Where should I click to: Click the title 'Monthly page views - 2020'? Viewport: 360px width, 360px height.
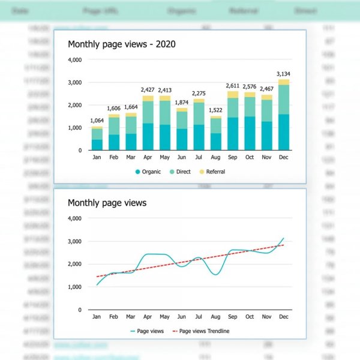(121, 44)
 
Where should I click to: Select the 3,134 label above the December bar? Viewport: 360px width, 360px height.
(283, 74)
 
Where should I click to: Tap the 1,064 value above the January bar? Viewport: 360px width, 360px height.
(97, 121)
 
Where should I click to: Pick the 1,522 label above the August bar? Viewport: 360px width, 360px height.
(215, 110)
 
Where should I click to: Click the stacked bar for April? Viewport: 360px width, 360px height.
(148, 123)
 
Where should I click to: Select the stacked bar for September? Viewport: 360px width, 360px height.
(232, 121)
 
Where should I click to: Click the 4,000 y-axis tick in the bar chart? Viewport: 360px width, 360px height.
(74, 60)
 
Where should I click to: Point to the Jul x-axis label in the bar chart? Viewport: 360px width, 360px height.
(199, 158)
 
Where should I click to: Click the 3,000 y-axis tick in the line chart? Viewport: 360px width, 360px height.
(74, 241)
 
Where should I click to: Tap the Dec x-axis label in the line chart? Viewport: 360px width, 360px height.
(283, 317)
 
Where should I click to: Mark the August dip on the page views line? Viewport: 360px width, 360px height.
(216, 275)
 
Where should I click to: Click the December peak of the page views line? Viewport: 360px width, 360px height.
(283, 238)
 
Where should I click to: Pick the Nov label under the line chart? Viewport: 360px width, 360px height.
(266, 317)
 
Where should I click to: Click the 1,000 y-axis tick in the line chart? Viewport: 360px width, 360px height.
(74, 287)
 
